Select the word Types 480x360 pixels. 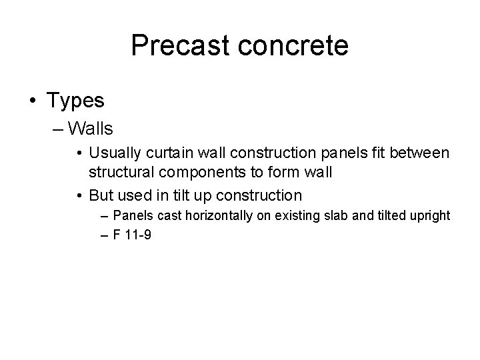point(75,101)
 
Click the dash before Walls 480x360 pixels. point(57,127)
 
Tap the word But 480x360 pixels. point(101,196)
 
